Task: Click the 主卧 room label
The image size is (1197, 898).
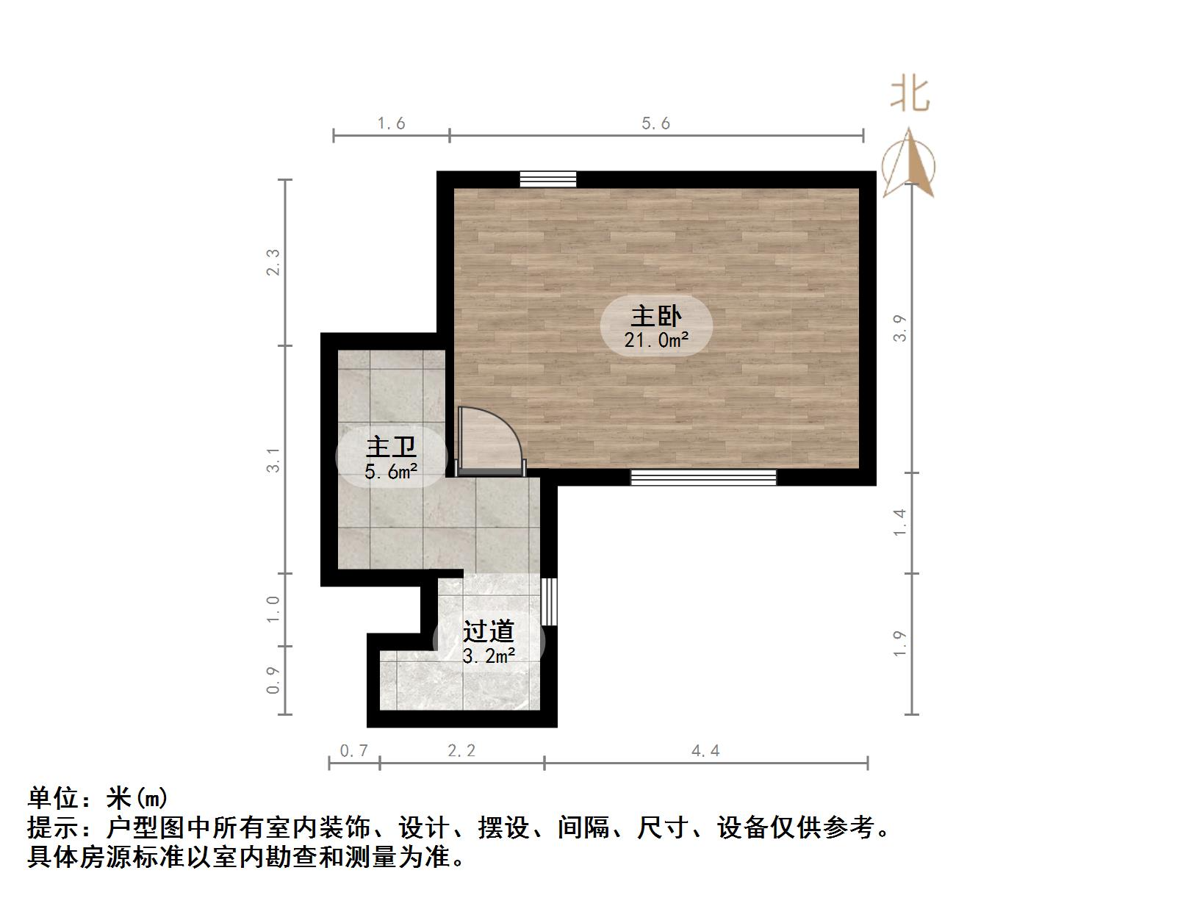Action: pyautogui.click(x=656, y=316)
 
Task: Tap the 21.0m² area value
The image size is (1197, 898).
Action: pyautogui.click(x=656, y=340)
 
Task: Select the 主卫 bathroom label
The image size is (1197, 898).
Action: pyautogui.click(x=391, y=447)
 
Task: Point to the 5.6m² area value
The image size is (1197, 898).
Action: pyautogui.click(x=391, y=472)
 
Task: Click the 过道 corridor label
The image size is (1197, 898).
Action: pyautogui.click(x=488, y=631)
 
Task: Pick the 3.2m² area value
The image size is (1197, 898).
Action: pyautogui.click(x=488, y=655)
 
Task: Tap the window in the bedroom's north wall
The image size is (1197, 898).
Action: pyautogui.click(x=547, y=179)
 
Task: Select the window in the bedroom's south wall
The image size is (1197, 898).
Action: pyautogui.click(x=703, y=478)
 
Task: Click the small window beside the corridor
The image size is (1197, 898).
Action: pyautogui.click(x=548, y=601)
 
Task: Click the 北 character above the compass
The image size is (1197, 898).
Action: pyautogui.click(x=910, y=96)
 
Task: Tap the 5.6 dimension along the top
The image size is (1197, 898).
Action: pyautogui.click(x=655, y=123)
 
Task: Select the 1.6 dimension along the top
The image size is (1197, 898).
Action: pyautogui.click(x=391, y=123)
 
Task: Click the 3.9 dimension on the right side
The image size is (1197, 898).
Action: pyautogui.click(x=900, y=328)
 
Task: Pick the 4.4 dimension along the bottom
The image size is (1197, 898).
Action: pyautogui.click(x=705, y=750)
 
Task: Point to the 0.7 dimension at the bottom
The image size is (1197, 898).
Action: pyautogui.click(x=354, y=750)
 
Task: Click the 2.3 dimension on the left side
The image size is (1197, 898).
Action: pyautogui.click(x=273, y=262)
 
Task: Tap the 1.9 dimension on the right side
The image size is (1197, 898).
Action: pyautogui.click(x=900, y=644)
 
